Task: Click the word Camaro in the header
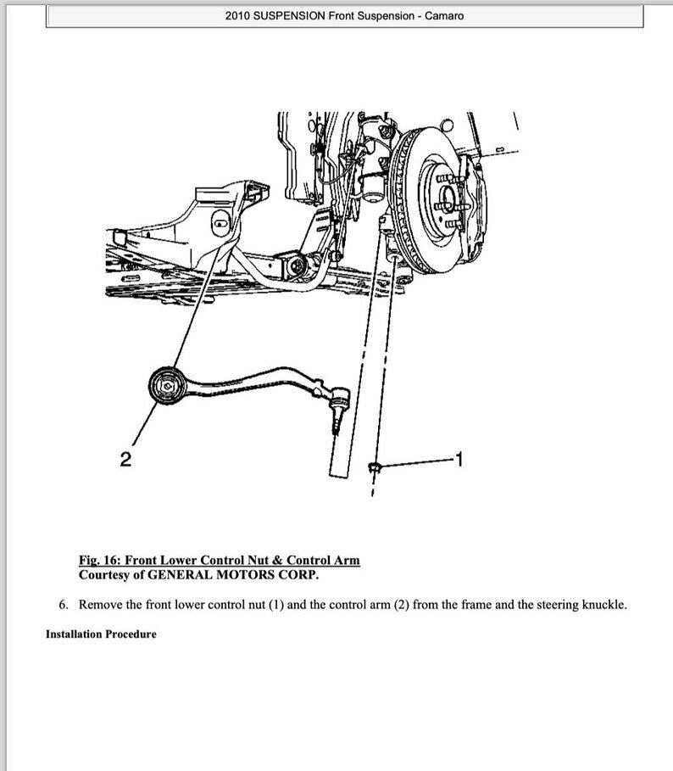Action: coord(444,16)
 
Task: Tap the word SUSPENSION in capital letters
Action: coord(290,16)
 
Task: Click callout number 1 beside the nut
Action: coord(459,460)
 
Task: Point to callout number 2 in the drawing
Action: coord(125,460)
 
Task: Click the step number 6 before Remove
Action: coord(64,606)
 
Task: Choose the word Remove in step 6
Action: coord(100,606)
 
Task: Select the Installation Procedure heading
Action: coord(101,634)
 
